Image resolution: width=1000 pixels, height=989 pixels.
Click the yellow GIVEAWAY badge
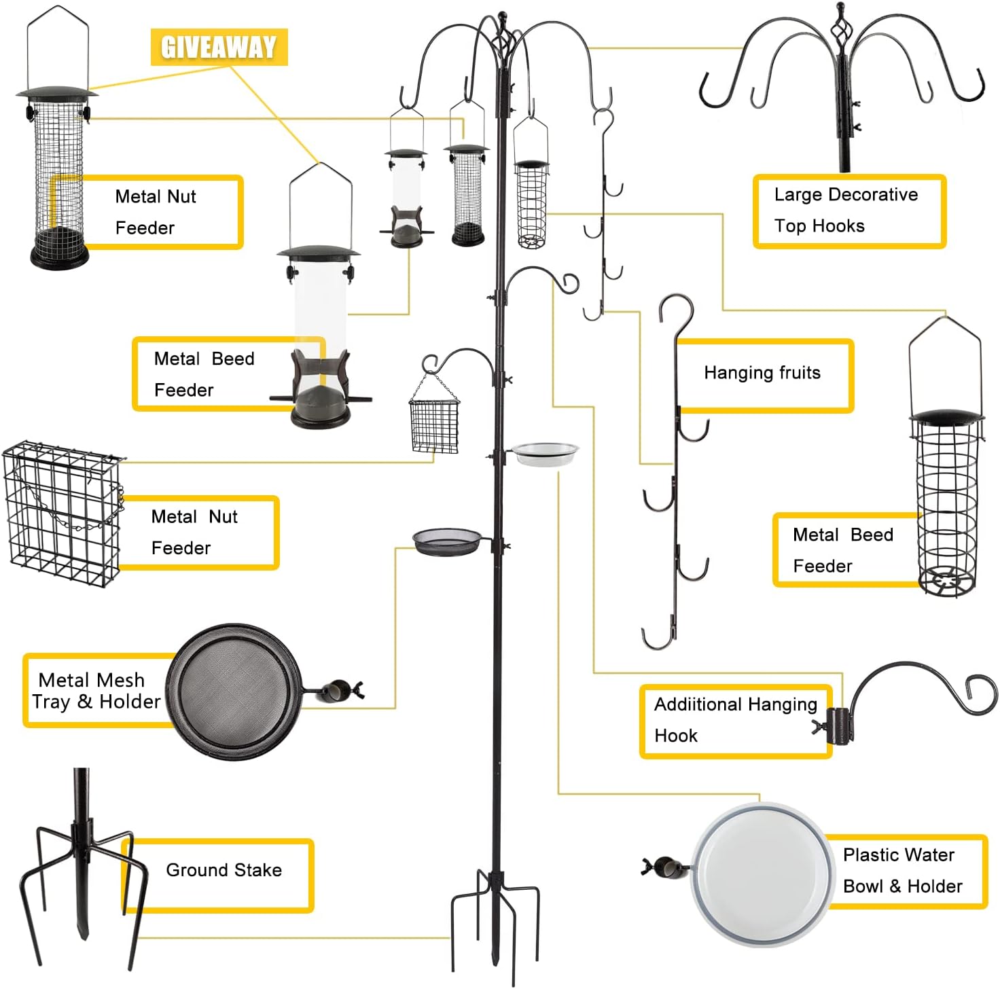point(219,47)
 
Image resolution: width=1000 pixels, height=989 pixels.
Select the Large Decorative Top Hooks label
point(849,211)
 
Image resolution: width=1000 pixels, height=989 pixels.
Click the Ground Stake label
point(223,871)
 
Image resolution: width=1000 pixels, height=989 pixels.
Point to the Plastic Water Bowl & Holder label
point(904,871)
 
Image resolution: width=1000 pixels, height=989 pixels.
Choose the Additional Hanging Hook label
point(735,720)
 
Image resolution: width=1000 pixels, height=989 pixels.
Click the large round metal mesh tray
point(234,691)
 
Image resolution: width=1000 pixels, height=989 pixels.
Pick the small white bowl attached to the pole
point(545,452)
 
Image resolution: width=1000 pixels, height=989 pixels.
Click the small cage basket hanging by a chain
point(434,425)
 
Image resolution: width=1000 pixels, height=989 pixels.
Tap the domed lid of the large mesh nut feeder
point(57,92)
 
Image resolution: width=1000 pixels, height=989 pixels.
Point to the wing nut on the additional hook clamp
point(818,727)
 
